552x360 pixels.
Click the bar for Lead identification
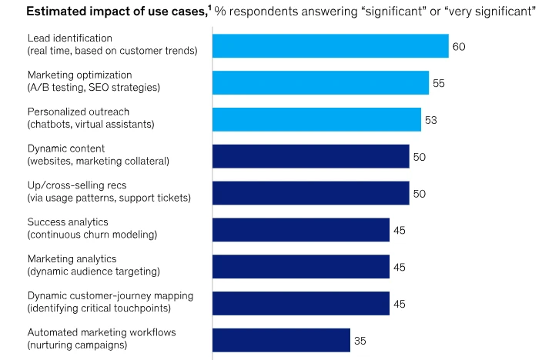tap(330, 46)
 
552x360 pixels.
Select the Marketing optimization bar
tap(320, 82)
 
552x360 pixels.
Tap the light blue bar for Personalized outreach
tap(316, 119)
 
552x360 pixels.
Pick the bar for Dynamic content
tap(310, 156)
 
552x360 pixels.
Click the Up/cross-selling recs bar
tap(310, 193)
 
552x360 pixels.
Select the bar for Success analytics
tap(301, 229)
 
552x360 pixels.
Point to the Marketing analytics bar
tap(301, 266)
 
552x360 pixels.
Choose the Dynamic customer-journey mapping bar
tap(301, 303)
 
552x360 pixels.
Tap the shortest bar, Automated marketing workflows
tap(281, 340)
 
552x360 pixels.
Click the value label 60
tap(459, 46)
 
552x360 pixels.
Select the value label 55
tap(439, 82)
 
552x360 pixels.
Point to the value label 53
tap(431, 119)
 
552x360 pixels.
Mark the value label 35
tap(360, 340)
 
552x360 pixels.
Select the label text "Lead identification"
tap(70, 38)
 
